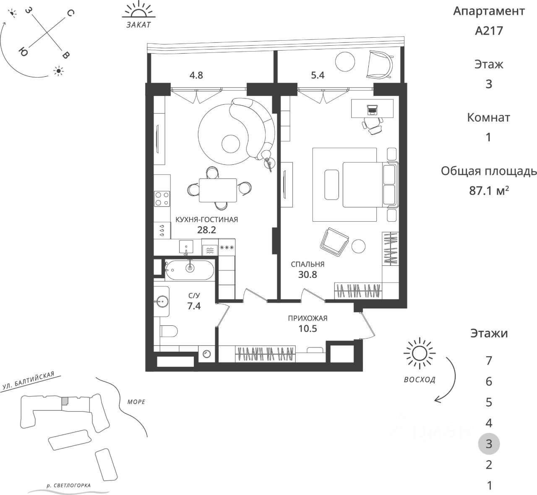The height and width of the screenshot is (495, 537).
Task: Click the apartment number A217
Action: (x=489, y=31)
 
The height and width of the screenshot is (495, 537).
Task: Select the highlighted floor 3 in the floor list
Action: (x=489, y=444)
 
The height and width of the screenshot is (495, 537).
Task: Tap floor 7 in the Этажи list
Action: (x=489, y=361)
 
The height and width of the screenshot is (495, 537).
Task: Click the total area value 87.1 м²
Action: (x=489, y=191)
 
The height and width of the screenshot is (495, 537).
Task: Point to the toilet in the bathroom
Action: (x=169, y=331)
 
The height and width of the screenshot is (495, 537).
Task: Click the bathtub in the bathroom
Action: (x=189, y=270)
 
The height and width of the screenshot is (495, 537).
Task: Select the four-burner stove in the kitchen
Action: (x=162, y=199)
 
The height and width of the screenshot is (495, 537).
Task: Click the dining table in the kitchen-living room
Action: (x=218, y=190)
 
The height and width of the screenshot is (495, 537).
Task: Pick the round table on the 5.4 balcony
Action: (x=345, y=62)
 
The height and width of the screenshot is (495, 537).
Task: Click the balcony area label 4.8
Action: (x=196, y=75)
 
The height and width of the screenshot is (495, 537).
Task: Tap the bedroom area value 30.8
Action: (x=308, y=275)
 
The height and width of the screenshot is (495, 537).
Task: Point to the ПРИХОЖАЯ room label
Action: (x=308, y=318)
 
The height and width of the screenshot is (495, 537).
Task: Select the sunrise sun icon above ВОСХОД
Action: (x=420, y=353)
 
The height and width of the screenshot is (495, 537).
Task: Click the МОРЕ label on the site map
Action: (x=136, y=402)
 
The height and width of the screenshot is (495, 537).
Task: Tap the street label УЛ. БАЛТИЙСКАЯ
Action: (x=29, y=381)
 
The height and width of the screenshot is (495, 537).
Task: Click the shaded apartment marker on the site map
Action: (x=65, y=401)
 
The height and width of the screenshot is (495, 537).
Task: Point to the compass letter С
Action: (x=70, y=13)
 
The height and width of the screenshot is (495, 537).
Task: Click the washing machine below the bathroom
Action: (x=206, y=354)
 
